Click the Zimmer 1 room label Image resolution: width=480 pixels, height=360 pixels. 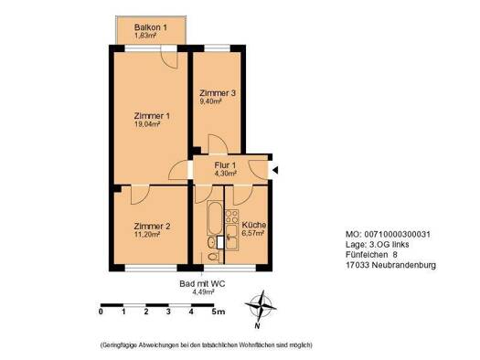[x=151, y=116]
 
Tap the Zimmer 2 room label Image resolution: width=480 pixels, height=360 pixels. [x=152, y=226]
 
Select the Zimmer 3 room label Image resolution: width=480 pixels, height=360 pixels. [x=219, y=92]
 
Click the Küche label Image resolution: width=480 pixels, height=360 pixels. [x=253, y=224]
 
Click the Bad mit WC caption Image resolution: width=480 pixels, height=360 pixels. [x=204, y=284]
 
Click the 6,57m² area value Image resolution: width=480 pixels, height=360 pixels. [x=252, y=233]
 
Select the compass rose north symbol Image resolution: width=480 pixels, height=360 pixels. [x=263, y=308]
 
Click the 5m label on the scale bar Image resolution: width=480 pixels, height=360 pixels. [x=217, y=312]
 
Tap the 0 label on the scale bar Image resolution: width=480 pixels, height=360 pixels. [x=101, y=312]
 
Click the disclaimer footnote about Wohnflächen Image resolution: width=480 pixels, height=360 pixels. [x=207, y=344]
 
